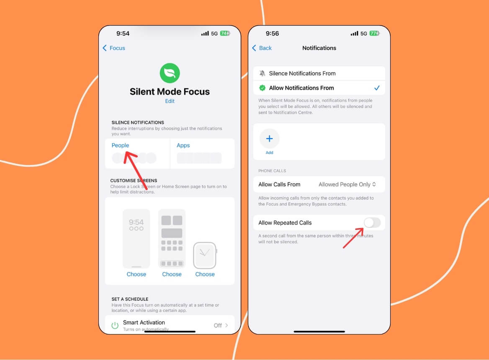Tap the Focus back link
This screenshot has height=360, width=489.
[114, 48]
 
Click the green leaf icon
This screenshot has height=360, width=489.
[170, 73]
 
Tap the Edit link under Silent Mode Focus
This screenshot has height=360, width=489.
[170, 101]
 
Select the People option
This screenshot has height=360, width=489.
[121, 145]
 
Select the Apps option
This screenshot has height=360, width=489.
[183, 145]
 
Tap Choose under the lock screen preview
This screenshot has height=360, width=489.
[136, 274]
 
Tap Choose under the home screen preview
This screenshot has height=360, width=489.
[172, 274]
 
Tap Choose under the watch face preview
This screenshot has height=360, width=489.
[205, 274]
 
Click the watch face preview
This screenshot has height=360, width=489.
[205, 255]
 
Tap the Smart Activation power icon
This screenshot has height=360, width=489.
[115, 325]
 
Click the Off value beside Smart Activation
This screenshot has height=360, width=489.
[218, 325]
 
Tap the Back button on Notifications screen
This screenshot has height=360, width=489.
[262, 48]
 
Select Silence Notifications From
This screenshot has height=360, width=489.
[302, 73]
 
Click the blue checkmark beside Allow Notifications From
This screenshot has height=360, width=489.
[377, 88]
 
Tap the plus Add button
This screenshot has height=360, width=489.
[269, 139]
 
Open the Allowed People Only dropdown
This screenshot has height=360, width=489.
[347, 184]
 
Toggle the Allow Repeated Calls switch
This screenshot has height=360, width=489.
[372, 223]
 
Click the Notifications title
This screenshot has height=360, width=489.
[319, 48]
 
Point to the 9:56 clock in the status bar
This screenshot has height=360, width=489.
[272, 34]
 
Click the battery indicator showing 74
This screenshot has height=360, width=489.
[225, 34]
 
